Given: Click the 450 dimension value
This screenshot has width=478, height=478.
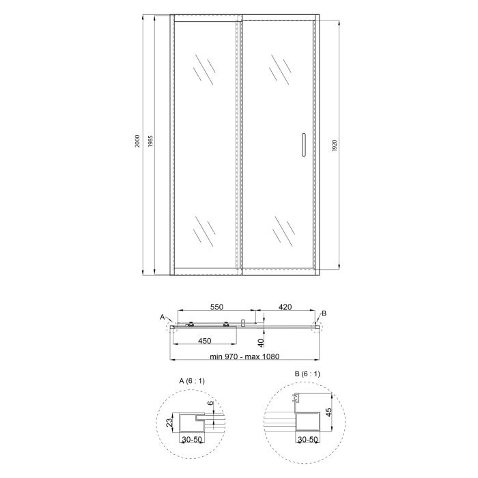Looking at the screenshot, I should coord(203,340).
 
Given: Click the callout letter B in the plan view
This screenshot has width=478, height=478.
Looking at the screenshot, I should coord(324,313).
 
